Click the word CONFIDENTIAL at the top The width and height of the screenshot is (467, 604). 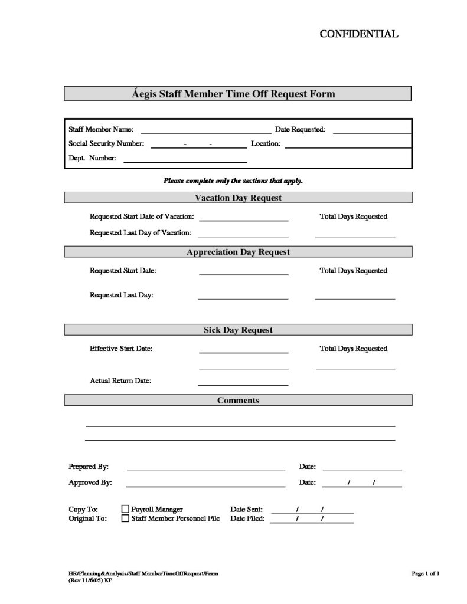coord(359,34)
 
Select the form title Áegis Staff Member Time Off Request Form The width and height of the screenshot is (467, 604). coord(237,94)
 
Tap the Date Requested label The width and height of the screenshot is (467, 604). coord(300,129)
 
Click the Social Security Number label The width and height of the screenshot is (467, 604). coord(106,143)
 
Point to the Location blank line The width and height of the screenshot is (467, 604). coord(348,146)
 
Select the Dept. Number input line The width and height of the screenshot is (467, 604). coord(185,161)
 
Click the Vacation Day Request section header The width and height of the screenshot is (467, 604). coord(237,198)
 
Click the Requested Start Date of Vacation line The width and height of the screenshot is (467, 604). coord(243,220)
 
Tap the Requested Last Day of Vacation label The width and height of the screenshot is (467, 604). coord(141,232)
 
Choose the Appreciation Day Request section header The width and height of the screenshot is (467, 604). coord(237,252)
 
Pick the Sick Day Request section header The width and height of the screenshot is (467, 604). coord(237,330)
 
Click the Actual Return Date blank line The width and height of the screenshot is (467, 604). coord(243,385)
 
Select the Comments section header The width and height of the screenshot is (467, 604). coord(237,401)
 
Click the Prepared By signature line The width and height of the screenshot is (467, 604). coord(205,470)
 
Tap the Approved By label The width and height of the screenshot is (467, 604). coord(90,482)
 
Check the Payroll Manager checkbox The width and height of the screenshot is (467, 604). coord(125,509)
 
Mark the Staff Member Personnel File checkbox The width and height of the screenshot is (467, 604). coord(125,518)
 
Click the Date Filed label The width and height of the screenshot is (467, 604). coord(247,518)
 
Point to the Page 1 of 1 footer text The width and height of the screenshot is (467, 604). coord(425,573)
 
